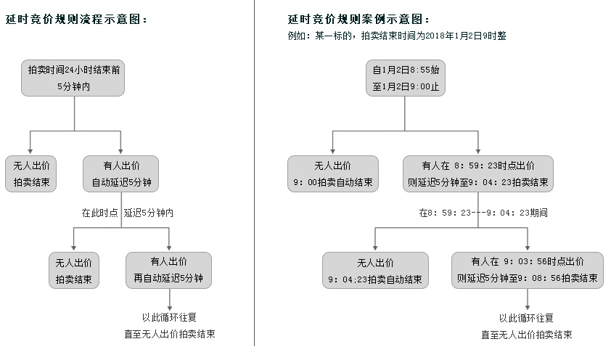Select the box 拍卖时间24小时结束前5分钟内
coord(73,78)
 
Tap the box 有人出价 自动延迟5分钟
coord(120,173)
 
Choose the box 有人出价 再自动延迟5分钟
coord(169,270)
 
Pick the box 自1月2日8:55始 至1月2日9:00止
coord(405,78)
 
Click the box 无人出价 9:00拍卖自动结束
coord(333,173)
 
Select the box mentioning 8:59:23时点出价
coord(478,173)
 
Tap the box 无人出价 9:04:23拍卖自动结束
coord(375,271)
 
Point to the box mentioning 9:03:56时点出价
coord(528,271)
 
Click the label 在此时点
coord(99,213)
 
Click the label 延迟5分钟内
coord(149,213)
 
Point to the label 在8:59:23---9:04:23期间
coord(483,213)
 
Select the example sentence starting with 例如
coord(397,36)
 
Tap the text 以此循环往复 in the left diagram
coord(169,317)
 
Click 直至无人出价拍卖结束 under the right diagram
coord(526,335)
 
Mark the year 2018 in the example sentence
coord(435,36)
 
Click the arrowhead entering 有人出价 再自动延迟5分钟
coord(169,248)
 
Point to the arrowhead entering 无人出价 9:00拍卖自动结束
coord(332,152)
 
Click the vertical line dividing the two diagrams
coord(255,173)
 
